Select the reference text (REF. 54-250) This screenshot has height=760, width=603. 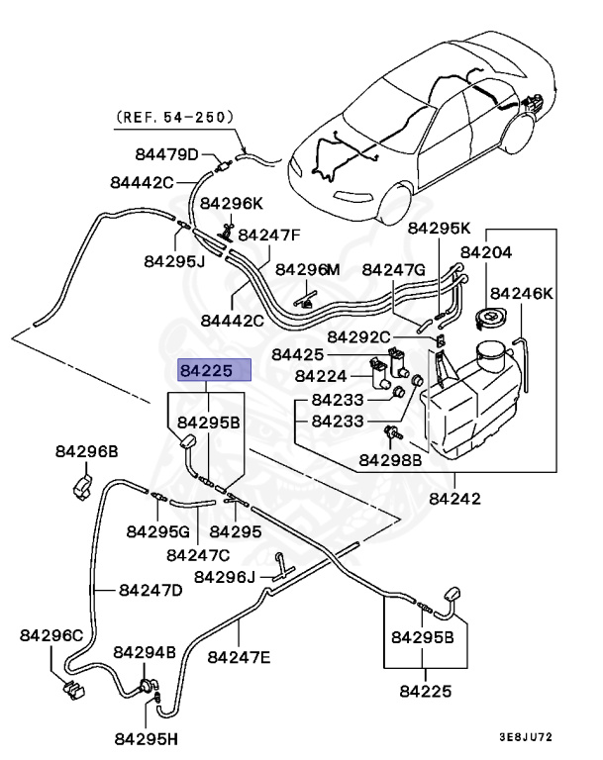pos(175,117)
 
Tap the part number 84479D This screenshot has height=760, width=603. pos(167,154)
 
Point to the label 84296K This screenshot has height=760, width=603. pos(232,203)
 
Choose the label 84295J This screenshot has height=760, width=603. pos(174,261)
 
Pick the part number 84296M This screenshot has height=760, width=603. pos(307,269)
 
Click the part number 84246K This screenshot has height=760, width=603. pos(522,293)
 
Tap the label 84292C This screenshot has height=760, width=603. pos(358,336)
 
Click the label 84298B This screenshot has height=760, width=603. pos(390,459)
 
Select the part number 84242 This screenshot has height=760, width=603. pos(455,499)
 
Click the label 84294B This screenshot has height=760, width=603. pos(145,653)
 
